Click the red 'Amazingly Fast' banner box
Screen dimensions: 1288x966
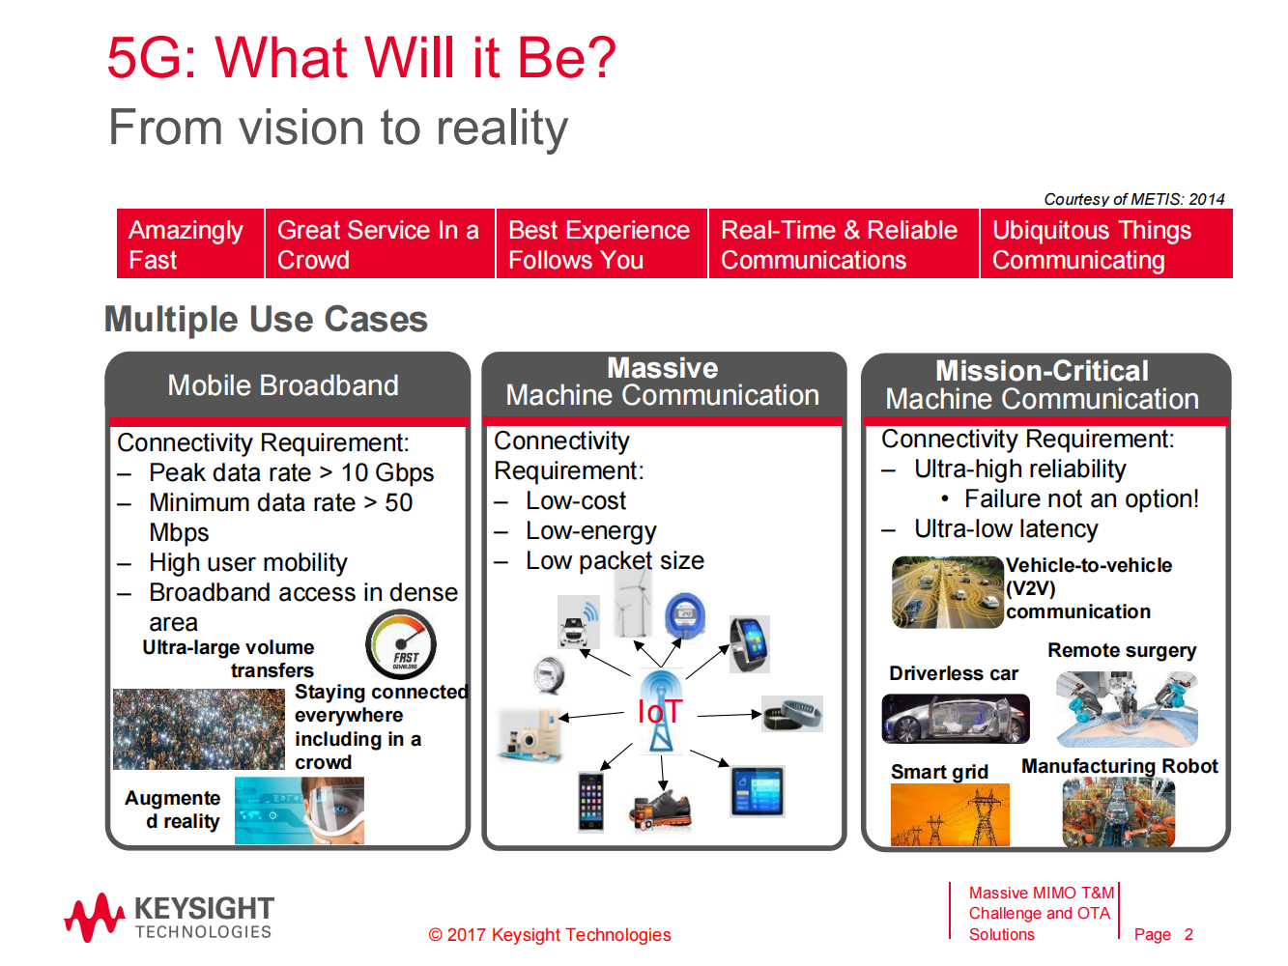point(190,243)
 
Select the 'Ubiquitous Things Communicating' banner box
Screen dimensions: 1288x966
point(1106,243)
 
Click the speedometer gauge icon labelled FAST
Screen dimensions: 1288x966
point(401,644)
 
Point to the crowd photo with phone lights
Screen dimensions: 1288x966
point(199,729)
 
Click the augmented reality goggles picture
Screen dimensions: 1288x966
point(300,810)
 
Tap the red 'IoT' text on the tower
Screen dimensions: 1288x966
point(660,711)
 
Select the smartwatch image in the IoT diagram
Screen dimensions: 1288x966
point(750,644)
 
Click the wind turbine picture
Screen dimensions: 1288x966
point(633,603)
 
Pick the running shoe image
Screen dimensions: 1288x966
point(661,810)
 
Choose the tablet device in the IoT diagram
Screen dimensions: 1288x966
point(758,791)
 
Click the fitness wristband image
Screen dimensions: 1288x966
point(792,714)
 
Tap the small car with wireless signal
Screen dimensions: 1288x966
point(578,622)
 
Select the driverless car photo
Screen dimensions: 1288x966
point(956,719)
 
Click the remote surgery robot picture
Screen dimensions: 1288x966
point(1127,708)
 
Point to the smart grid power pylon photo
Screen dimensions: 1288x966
point(950,814)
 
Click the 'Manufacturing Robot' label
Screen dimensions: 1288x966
point(1120,766)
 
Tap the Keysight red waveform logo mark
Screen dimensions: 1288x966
point(94,918)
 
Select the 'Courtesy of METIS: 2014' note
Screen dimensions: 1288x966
point(1133,199)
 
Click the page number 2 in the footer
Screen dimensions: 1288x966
point(1188,934)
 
